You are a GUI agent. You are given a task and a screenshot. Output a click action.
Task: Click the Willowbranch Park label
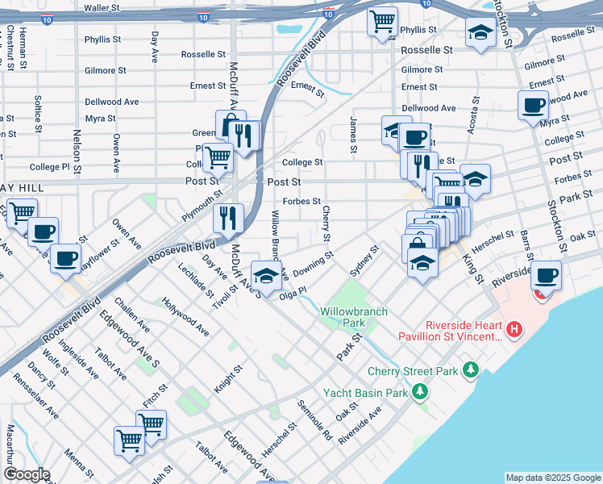tap(354, 316)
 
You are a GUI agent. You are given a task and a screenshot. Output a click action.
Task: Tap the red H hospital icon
tap(514, 329)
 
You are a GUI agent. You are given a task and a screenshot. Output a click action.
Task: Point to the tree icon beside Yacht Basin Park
tap(419, 393)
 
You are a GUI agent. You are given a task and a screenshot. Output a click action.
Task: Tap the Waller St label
tap(102, 7)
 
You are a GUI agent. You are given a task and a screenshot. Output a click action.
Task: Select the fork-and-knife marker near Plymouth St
tap(228, 216)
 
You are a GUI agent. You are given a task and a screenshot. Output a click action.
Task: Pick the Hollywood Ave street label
tap(185, 317)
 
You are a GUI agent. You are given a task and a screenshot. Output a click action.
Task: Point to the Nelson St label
tap(78, 152)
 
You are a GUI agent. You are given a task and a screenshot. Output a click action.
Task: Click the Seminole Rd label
tap(314, 419)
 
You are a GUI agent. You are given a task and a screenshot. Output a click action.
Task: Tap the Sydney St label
tap(364, 260)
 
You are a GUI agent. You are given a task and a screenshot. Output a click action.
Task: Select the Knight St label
tap(228, 380)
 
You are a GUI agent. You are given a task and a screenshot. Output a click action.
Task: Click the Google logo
tap(26, 474)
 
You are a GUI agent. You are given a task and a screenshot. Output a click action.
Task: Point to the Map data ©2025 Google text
tap(552, 478)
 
